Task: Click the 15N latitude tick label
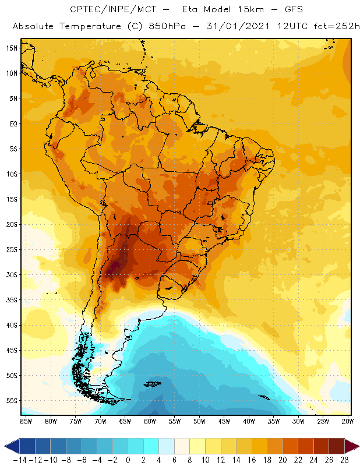(x=11, y=48)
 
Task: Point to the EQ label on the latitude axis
(x=12, y=123)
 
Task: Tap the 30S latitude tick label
(x=11, y=274)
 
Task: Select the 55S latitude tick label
(x=11, y=400)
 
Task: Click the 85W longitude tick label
(x=26, y=421)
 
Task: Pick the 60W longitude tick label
(x=150, y=421)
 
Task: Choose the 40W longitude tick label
(x=249, y=421)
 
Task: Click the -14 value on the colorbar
(x=19, y=460)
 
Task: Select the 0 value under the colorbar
(x=128, y=460)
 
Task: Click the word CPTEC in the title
(x=84, y=10)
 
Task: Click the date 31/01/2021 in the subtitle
(x=234, y=27)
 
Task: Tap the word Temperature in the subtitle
(x=86, y=27)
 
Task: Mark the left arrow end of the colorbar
(x=9, y=446)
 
